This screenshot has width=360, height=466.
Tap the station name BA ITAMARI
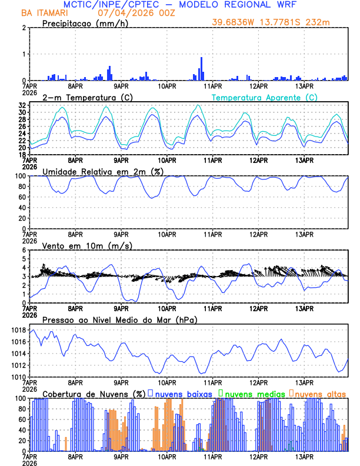tap(44, 12)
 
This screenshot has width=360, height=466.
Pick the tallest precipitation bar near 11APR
tap(201, 68)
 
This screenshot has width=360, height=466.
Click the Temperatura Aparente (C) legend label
tap(264, 97)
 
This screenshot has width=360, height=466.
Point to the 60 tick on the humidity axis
tap(21, 197)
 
